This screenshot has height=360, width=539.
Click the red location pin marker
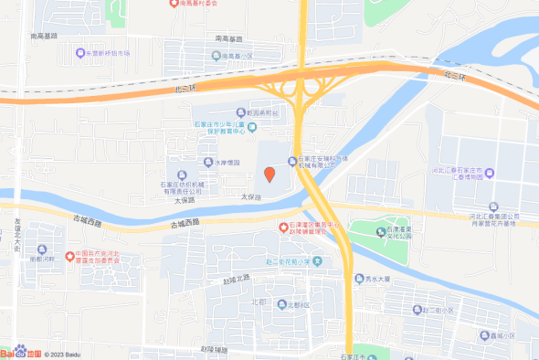[x=269, y=174]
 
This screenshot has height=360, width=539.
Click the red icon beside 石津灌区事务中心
[x=282, y=226]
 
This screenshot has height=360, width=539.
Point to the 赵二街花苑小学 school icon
[x=317, y=261]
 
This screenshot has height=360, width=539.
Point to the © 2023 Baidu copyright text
[x=65, y=354]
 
